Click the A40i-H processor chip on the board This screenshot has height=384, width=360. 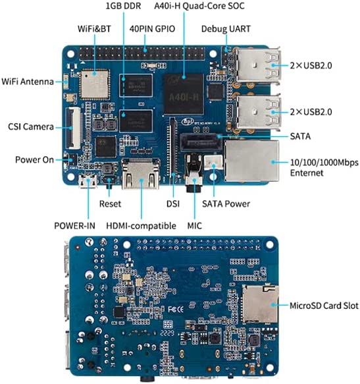184,94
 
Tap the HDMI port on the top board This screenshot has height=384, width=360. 141,173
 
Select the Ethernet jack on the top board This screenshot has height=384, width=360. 251,161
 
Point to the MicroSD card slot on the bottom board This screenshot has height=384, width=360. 260,304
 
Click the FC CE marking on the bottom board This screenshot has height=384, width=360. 176,309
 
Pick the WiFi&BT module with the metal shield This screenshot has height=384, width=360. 95,84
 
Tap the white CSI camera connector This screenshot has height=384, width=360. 73,128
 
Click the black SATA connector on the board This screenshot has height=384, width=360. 201,142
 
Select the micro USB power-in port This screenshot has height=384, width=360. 88,181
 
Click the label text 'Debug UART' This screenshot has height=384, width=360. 226,29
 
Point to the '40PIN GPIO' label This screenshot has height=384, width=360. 152,29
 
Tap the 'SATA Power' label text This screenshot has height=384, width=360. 226,204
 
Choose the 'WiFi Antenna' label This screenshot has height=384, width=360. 28,82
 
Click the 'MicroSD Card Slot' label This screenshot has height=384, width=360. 324,306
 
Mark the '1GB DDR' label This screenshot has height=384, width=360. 123,6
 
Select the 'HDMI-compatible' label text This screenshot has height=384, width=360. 141,226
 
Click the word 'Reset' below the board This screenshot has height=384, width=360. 110,204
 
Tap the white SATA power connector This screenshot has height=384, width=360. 214,162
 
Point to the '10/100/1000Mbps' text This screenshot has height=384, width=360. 324,163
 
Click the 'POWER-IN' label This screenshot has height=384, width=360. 74,226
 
